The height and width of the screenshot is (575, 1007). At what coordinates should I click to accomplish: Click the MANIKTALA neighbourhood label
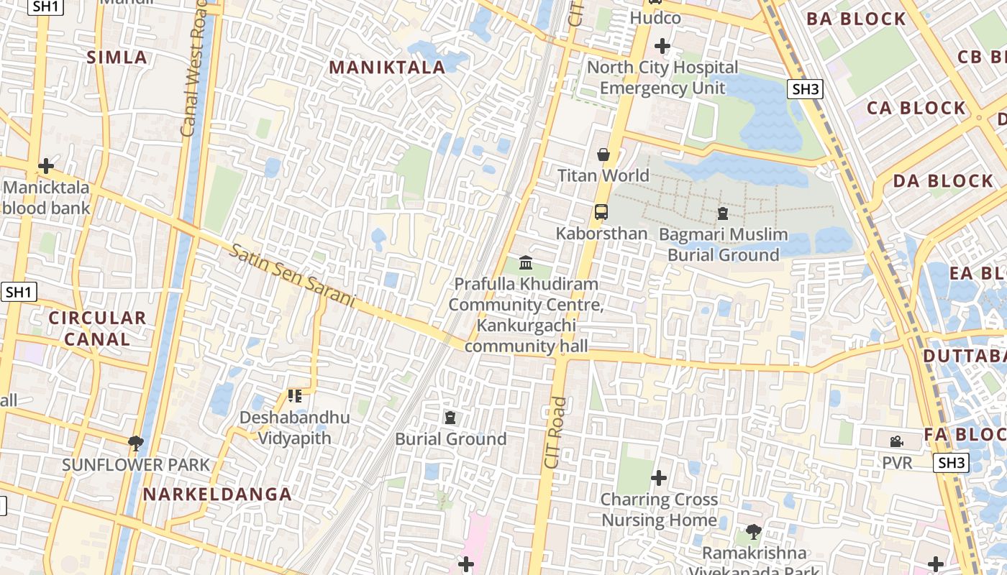tap(387, 68)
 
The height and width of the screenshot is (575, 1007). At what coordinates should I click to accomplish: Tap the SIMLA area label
tap(117, 57)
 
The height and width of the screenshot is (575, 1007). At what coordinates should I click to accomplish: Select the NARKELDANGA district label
tap(217, 494)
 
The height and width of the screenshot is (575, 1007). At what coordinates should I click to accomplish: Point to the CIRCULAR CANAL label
tap(97, 328)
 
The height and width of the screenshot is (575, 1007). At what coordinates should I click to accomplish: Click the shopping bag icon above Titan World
tap(603, 155)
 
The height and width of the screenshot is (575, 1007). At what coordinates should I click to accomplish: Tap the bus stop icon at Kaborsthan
tap(601, 212)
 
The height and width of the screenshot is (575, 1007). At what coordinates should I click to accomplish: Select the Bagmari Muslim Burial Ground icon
tap(722, 213)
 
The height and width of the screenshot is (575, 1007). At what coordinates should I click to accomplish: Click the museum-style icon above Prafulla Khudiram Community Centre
tap(526, 262)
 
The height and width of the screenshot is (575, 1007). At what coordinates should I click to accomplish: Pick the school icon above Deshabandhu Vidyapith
tap(294, 396)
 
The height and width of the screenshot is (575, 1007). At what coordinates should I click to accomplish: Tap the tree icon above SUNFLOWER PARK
tap(135, 443)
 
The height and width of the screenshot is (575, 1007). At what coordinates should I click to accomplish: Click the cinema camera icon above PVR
tap(896, 441)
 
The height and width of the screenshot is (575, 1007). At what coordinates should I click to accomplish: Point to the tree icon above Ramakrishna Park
tap(753, 532)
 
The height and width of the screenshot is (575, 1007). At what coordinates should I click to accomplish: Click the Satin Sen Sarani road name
tap(293, 276)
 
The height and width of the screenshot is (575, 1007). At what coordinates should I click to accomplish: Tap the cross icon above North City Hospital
tap(662, 47)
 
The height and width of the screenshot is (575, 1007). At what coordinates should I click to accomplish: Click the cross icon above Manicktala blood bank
tap(46, 166)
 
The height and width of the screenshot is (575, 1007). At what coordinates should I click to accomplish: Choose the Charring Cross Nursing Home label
tap(659, 510)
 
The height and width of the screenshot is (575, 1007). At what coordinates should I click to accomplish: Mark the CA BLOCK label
tap(916, 109)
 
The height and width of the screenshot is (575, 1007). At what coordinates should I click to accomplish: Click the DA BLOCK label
tap(942, 181)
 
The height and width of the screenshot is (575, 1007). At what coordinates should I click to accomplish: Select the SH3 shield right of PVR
tap(951, 463)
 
